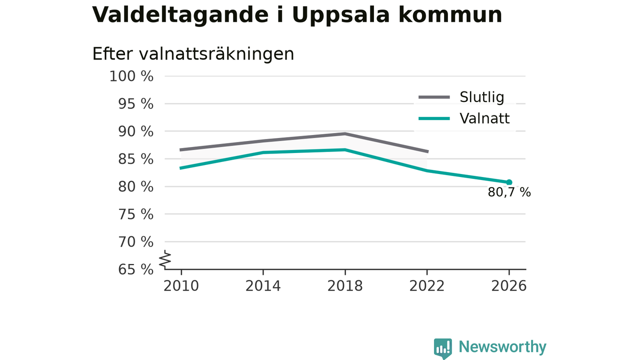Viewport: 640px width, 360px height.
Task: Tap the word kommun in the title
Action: [x=450, y=14]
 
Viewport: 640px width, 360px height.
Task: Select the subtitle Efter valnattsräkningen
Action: [x=193, y=54]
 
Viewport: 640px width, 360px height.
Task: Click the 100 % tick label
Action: [x=131, y=76]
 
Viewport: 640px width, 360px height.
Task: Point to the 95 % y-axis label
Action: [x=135, y=104]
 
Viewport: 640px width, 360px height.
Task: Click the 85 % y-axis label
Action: [x=135, y=159]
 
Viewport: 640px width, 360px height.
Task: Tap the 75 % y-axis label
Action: [x=135, y=214]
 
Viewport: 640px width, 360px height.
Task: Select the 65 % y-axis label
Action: [x=135, y=269]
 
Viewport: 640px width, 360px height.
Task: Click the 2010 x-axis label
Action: [x=181, y=286]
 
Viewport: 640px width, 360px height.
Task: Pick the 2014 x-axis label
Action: [x=263, y=286]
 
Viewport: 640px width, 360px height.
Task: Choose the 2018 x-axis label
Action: [x=345, y=286]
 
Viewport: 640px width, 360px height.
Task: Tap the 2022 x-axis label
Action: [x=427, y=286]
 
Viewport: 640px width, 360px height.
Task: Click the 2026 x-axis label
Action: [x=509, y=286]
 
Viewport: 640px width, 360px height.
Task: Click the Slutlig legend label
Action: [x=482, y=97]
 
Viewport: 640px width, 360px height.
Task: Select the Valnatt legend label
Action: [x=484, y=118]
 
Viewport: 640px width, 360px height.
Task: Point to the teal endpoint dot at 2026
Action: [x=509, y=182]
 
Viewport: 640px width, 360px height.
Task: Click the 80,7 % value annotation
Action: [x=509, y=192]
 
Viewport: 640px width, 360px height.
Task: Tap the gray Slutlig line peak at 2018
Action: [x=345, y=133]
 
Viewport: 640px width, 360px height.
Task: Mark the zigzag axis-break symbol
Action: [x=165, y=259]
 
